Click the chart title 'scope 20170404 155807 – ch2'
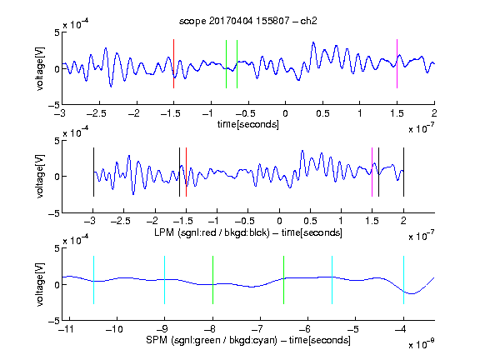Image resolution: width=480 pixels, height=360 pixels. [248, 21]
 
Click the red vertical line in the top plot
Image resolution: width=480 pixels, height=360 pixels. [173, 63]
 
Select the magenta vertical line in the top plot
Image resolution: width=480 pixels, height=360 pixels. [397, 63]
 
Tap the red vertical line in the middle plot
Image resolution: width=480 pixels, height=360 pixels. [186, 172]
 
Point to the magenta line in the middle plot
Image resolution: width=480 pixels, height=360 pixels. [372, 172]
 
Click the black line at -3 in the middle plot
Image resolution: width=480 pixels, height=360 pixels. [93, 172]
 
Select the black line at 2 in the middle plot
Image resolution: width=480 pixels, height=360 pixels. [403, 172]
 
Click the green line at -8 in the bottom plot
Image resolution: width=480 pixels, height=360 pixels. [212, 280]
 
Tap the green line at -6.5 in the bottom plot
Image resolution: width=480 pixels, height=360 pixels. [284, 280]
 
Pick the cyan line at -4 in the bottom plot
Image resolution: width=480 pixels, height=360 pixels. [403, 280]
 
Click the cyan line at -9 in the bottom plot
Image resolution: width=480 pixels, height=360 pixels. [165, 280]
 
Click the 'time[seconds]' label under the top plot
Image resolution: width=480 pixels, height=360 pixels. [248, 124]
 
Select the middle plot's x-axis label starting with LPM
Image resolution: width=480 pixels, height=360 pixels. [248, 232]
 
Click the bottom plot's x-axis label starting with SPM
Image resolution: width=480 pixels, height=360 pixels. [248, 340]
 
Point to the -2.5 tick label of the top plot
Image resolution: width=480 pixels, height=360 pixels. [96, 113]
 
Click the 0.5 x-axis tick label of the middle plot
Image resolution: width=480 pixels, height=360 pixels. [310, 221]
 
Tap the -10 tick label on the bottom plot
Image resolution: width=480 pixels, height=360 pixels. [114, 329]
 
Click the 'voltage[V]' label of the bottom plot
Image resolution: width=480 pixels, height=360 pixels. [40, 284]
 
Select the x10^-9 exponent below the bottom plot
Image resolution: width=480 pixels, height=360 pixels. [422, 344]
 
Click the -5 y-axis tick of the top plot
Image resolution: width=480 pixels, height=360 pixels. [54, 105]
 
